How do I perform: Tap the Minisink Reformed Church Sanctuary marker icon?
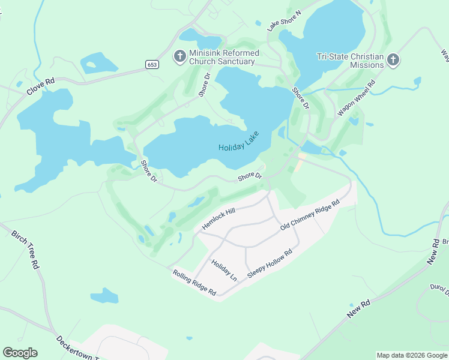(x=179, y=56)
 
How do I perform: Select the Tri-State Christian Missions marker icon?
(x=393, y=59)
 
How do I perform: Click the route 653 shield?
(x=152, y=64)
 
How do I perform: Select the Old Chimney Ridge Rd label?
(x=310, y=215)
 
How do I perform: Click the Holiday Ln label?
(x=224, y=271)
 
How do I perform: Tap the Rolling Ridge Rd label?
(x=194, y=283)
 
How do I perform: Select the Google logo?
(x=20, y=353)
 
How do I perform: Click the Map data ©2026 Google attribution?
(x=412, y=355)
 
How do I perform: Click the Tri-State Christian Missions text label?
(x=350, y=61)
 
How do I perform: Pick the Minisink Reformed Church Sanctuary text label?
(x=224, y=57)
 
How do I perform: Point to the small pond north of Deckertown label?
(x=104, y=295)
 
